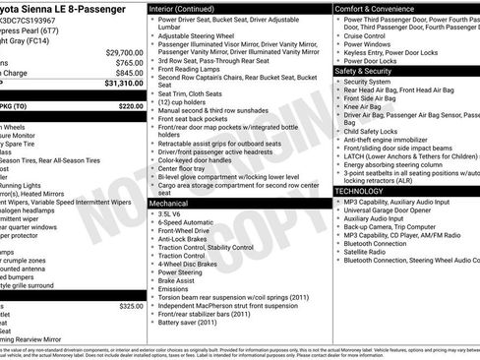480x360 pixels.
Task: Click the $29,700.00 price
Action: [124, 52]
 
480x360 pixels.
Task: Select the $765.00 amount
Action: [129, 62]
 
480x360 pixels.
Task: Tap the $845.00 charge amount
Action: [129, 73]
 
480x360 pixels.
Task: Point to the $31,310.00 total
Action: [124, 84]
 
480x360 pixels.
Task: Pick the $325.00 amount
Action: [130, 306]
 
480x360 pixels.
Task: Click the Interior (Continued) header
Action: [187, 8]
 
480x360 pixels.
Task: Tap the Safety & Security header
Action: [369, 71]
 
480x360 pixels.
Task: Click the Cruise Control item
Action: [370, 35]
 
